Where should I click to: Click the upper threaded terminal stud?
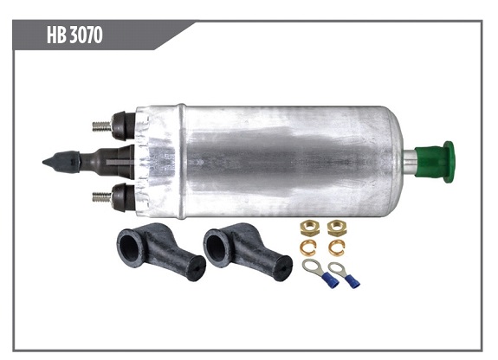click(x=102, y=125)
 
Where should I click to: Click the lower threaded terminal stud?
click(x=102, y=196)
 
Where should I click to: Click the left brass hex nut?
click(x=308, y=228)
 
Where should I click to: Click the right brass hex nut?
click(x=334, y=228)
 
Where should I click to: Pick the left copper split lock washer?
click(x=308, y=247)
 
